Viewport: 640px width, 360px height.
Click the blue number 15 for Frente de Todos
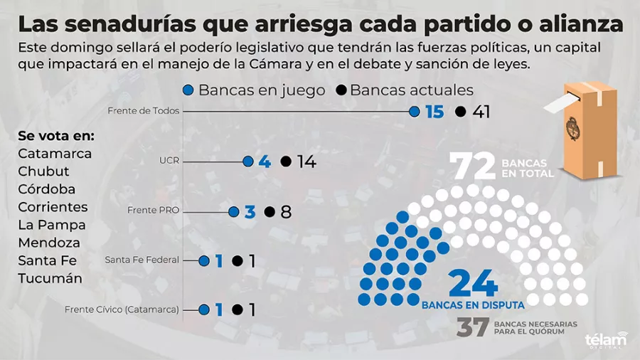tap(434, 112)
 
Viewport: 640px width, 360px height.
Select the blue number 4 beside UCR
tap(265, 162)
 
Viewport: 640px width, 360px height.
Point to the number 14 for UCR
tap(306, 162)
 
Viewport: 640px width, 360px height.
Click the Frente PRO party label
tap(154, 211)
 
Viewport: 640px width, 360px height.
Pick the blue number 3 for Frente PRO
tap(250, 212)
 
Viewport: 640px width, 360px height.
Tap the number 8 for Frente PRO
tap(286, 212)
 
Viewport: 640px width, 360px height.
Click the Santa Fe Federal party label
tap(142, 260)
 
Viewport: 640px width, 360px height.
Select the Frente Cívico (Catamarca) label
tap(122, 309)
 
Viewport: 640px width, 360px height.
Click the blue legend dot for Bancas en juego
tap(188, 90)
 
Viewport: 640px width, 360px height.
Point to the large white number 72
tap(474, 167)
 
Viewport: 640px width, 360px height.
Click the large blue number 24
tap(473, 285)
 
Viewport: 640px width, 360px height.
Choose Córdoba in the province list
tap(47, 189)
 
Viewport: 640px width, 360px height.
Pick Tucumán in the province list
tap(50, 278)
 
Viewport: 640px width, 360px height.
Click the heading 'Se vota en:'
tap(56, 136)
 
